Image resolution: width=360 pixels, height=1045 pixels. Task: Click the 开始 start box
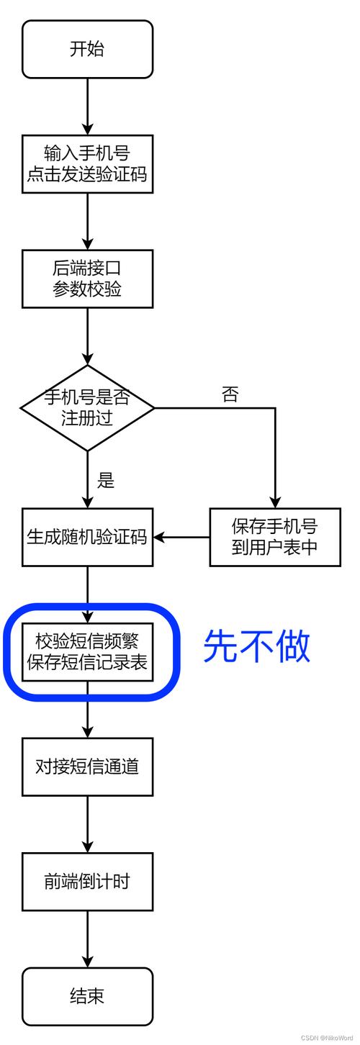(x=87, y=49)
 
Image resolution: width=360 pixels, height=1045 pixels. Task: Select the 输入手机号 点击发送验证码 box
(x=87, y=163)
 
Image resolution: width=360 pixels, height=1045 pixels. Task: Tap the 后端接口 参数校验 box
(x=87, y=279)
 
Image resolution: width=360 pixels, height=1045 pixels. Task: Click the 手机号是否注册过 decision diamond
(x=87, y=408)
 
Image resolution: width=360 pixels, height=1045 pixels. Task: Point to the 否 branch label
(x=230, y=394)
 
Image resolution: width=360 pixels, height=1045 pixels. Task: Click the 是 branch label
(x=107, y=480)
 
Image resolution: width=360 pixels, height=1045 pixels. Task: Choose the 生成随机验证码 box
(x=87, y=537)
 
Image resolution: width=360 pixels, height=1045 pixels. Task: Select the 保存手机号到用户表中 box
(x=274, y=537)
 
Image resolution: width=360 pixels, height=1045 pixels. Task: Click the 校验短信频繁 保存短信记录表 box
(x=87, y=651)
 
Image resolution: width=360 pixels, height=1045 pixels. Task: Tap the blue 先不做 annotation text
(x=256, y=646)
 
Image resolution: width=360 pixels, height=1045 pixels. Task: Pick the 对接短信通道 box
(x=87, y=766)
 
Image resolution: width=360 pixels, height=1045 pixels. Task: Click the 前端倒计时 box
(x=87, y=881)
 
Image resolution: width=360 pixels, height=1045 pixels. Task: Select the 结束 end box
(x=87, y=996)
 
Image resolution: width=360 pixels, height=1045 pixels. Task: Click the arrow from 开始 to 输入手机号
(x=87, y=106)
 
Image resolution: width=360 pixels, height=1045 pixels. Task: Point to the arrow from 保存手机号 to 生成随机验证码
(x=181, y=537)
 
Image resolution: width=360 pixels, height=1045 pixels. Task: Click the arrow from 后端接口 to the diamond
(x=87, y=336)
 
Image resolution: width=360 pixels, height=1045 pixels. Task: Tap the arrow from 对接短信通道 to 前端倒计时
(x=87, y=824)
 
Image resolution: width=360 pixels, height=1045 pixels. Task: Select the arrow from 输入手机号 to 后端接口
(x=87, y=221)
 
